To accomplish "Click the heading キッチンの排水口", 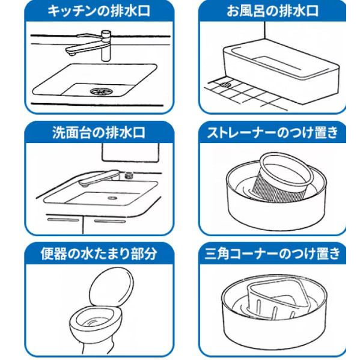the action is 99,11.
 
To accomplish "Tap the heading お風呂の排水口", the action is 272,11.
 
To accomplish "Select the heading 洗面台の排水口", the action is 99,132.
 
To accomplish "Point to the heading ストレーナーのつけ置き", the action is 272,132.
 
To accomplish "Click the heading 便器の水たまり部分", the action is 99,254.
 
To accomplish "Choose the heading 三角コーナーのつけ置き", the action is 272,254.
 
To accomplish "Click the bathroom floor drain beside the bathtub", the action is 226,85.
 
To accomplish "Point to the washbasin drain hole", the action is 112,198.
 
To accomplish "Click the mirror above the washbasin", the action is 130,153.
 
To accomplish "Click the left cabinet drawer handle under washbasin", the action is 63,220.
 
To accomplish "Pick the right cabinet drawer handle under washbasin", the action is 110,221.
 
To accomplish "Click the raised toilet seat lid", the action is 111,287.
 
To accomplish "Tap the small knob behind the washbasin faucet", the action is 129,175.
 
